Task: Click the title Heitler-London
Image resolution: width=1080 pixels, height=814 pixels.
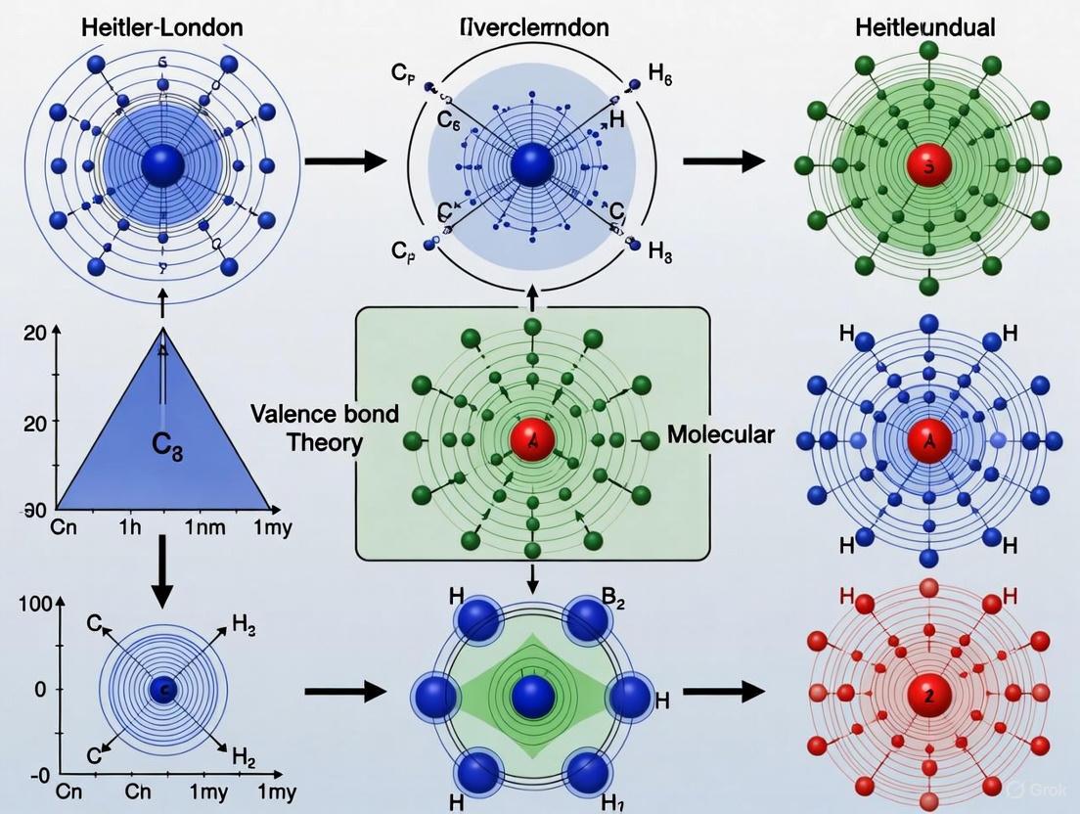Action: pyautogui.click(x=161, y=26)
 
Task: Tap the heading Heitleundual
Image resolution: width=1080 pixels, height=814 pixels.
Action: pyautogui.click(x=924, y=26)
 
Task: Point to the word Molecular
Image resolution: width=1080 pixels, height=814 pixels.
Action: pyautogui.click(x=720, y=433)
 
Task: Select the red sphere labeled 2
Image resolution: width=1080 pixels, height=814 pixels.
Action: pyautogui.click(x=922, y=696)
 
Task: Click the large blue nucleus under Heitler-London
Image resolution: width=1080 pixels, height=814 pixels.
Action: pyautogui.click(x=162, y=166)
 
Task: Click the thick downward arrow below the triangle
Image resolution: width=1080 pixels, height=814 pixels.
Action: pyautogui.click(x=162, y=582)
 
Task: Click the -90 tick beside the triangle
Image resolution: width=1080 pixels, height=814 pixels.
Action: pyautogui.click(x=32, y=510)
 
